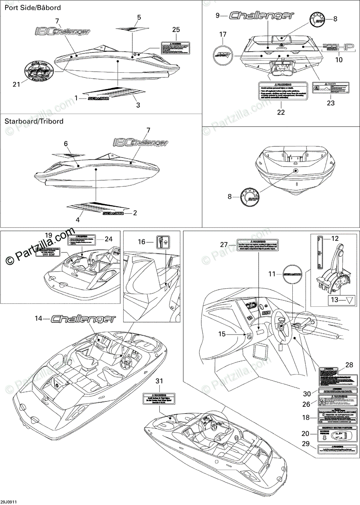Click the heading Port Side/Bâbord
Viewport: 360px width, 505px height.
coord(33,8)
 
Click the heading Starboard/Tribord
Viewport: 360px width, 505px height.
coord(34,121)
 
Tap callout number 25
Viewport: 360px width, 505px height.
coord(176,29)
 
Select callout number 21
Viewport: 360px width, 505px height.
coord(16,85)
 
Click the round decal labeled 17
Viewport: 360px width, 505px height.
coord(223,53)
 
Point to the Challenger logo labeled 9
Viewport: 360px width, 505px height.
coord(262,16)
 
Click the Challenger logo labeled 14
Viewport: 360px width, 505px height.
coord(83,319)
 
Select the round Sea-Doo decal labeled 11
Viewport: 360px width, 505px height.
coord(292,274)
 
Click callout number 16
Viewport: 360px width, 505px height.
coord(142,242)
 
